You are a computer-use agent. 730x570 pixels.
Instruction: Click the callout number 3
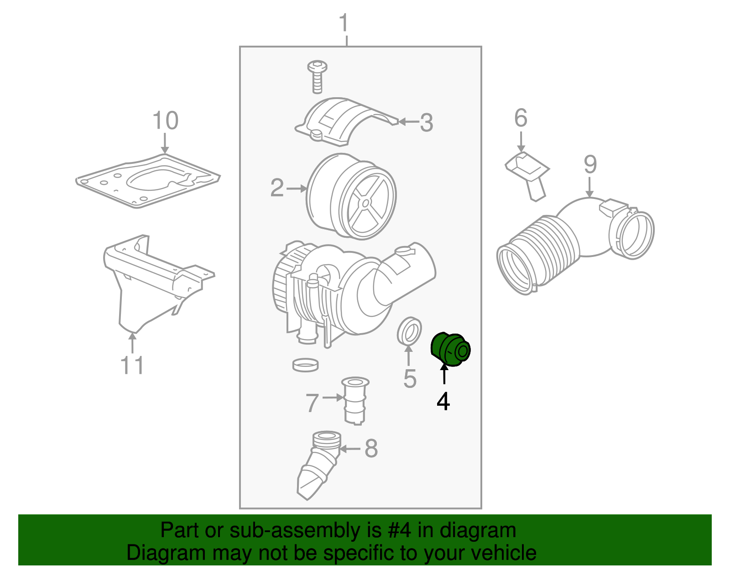tap(426, 123)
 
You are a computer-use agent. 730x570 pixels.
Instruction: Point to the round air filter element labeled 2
tap(351, 196)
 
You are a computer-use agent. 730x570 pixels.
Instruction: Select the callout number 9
tap(590, 165)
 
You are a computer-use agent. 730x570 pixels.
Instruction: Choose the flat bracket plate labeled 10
tap(148, 180)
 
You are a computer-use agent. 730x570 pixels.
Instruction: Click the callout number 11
tap(132, 366)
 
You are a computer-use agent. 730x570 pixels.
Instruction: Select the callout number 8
tap(371, 449)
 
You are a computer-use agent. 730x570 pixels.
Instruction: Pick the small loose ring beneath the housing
tap(305, 365)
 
